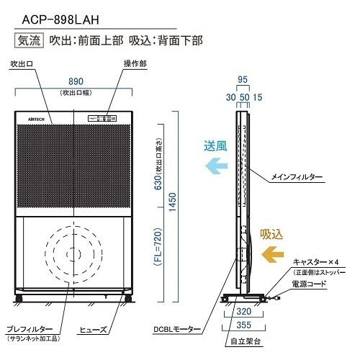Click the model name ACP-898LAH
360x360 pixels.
[x=60, y=20]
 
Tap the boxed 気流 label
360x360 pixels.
[x=29, y=40]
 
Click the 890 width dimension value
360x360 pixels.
[x=76, y=81]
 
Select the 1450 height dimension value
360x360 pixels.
[x=172, y=202]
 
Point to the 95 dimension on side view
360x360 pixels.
[x=243, y=80]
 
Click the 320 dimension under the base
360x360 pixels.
[x=244, y=312]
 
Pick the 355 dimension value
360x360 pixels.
[x=244, y=325]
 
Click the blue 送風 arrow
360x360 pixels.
[x=217, y=166]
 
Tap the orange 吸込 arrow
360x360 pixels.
[x=273, y=254]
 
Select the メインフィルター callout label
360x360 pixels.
[x=297, y=177]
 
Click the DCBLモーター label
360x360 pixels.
[x=177, y=330]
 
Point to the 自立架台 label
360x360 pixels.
[x=246, y=341]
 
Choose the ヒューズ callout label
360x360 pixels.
[x=93, y=330]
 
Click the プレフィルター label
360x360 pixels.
[x=30, y=329]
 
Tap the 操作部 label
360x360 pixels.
[x=135, y=64]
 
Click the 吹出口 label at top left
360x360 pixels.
[x=22, y=64]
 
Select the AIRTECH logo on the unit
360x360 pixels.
[x=36, y=119]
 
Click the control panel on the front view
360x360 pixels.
[x=102, y=118]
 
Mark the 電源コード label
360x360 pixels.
[x=309, y=284]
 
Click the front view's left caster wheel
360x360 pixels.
[x=19, y=299]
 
